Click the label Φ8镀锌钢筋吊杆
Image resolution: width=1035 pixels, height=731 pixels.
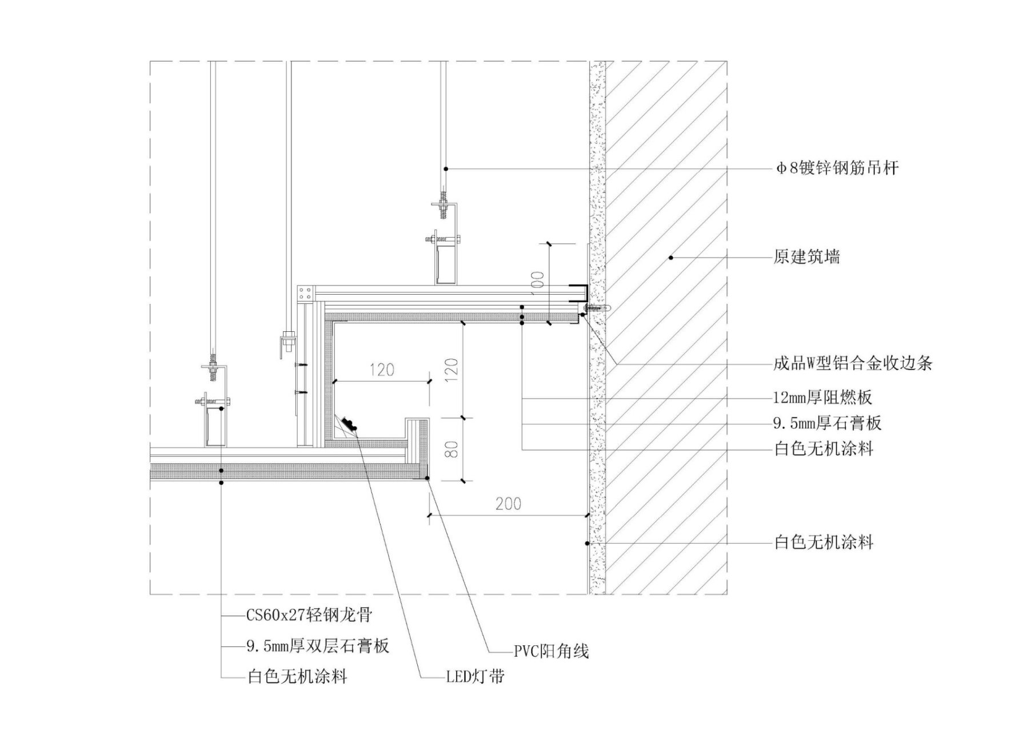click(x=837, y=168)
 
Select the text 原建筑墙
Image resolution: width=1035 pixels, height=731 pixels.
click(x=806, y=257)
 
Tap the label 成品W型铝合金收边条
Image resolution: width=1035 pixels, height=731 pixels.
click(x=853, y=363)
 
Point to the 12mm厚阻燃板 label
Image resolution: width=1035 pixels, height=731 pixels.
click(x=823, y=397)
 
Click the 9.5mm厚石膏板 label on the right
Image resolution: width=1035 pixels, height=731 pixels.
click(x=827, y=423)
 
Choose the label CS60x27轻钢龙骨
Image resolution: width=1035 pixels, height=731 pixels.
click(x=309, y=615)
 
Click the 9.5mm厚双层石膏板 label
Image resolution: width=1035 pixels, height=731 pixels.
click(x=318, y=646)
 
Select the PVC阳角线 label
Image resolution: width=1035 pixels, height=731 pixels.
click(x=551, y=651)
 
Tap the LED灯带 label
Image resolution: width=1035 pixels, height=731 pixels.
click(x=475, y=677)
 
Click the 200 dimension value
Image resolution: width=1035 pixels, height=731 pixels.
click(x=508, y=504)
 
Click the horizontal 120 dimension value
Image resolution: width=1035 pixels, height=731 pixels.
click(x=381, y=370)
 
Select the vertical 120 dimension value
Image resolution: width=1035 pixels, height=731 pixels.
click(x=451, y=370)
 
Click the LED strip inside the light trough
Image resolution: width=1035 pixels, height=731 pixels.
click(x=348, y=424)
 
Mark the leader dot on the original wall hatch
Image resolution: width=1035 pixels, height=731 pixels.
click(x=671, y=258)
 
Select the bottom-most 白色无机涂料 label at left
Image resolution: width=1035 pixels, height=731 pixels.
click(x=297, y=677)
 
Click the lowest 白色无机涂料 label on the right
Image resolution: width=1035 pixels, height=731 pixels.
click(x=824, y=543)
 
